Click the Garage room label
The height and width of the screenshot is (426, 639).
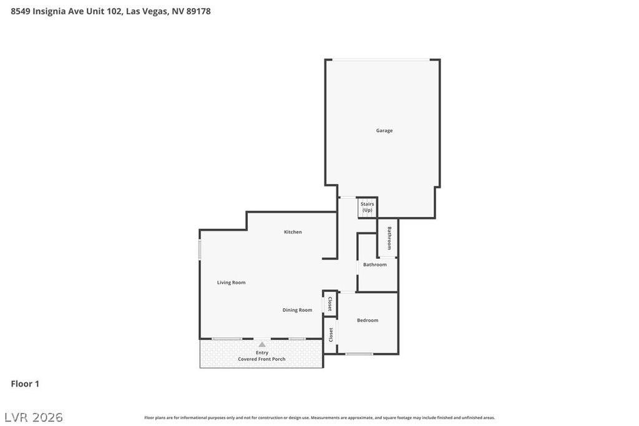pyautogui.click(x=384, y=130)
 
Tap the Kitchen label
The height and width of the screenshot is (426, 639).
pyautogui.click(x=293, y=232)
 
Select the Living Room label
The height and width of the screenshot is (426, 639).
pyautogui.click(x=231, y=283)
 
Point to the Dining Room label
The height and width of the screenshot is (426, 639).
pyautogui.click(x=297, y=310)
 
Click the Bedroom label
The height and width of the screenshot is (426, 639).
pyautogui.click(x=368, y=321)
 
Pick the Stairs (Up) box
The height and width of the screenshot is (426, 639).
pyautogui.click(x=368, y=207)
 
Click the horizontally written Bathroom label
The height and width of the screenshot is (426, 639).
pyautogui.click(x=375, y=264)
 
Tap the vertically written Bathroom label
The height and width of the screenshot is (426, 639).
pyautogui.click(x=389, y=238)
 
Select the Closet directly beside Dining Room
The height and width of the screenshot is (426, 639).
pyautogui.click(x=329, y=304)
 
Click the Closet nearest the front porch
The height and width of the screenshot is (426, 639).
pyautogui.click(x=330, y=335)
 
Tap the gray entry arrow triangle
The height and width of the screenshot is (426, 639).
pyautogui.click(x=262, y=344)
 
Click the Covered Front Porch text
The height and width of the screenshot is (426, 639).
pyautogui.click(x=261, y=359)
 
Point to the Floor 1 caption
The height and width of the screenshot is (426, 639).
pyautogui.click(x=25, y=384)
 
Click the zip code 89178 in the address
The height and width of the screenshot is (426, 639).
pyautogui.click(x=198, y=11)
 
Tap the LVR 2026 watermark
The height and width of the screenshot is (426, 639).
pyautogui.click(x=34, y=417)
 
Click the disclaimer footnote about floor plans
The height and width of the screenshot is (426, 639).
pyautogui.click(x=319, y=418)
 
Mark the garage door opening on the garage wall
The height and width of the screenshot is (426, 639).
pyautogui.click(x=381, y=60)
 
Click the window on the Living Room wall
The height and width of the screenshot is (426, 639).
pyautogui.click(x=200, y=249)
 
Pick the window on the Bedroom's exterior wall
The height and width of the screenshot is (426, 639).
pyautogui.click(x=359, y=354)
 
